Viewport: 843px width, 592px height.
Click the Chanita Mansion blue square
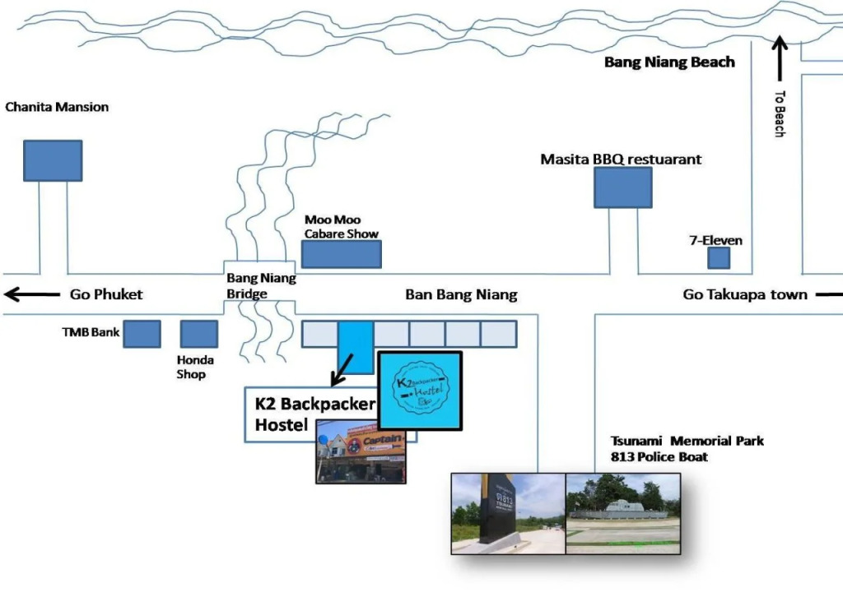click(53, 160)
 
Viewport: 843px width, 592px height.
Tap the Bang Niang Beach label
click(669, 62)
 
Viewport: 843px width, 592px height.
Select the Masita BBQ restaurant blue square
click(623, 187)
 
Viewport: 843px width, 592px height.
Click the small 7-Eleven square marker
click(719, 258)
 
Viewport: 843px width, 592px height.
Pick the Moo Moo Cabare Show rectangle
click(341, 254)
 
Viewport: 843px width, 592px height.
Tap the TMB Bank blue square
click(142, 334)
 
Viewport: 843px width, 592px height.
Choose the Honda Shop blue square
click(198, 334)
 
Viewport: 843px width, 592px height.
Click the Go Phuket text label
click(106, 294)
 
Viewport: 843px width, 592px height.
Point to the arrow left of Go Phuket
click(30, 294)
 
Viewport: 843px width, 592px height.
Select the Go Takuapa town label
click(745, 294)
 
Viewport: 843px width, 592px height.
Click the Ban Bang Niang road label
click(461, 294)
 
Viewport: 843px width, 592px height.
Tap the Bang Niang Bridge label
click(261, 286)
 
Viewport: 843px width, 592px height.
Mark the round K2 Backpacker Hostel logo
click(419, 390)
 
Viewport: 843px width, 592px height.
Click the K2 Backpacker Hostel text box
click(313, 414)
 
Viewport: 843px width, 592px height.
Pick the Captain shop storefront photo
click(361, 451)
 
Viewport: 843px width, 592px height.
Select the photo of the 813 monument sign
click(508, 513)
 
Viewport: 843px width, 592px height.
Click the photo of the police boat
click(623, 513)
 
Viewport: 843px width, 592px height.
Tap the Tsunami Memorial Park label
click(687, 441)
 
